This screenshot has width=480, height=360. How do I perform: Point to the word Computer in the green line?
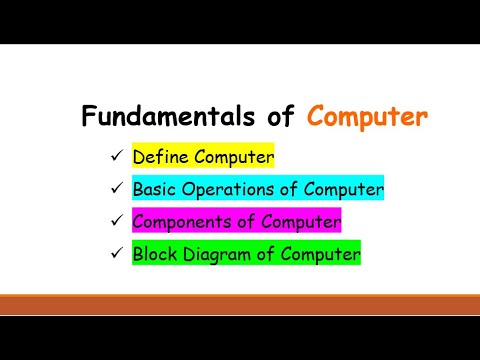(x=318, y=254)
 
